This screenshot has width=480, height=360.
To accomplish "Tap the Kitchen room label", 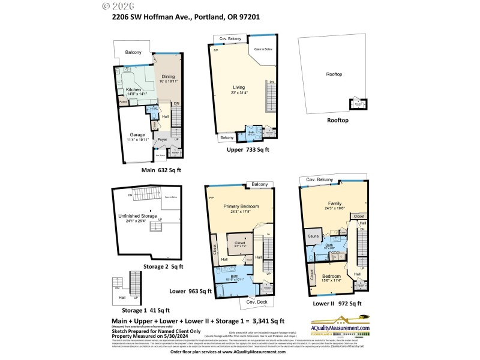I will [133, 90].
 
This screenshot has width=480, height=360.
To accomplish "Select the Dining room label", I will [167, 76].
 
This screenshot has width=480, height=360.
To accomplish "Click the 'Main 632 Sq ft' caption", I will [161, 170].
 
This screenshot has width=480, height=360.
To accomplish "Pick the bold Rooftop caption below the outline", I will [337, 120].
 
